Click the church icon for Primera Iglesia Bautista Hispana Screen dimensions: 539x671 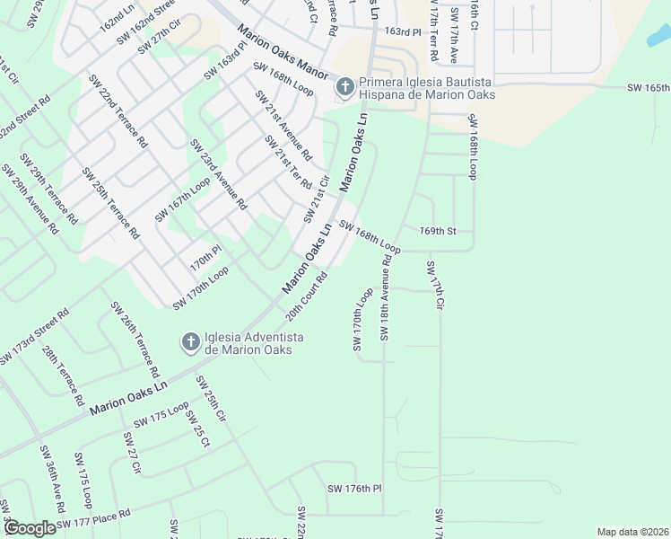pyautogui.click(x=344, y=87)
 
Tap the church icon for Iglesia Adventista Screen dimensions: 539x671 pyautogui.click(x=190, y=342)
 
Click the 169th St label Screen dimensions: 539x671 pyautogui.click(x=438, y=231)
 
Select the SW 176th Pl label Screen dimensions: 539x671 pyautogui.click(x=355, y=489)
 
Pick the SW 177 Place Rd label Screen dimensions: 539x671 pyautogui.click(x=93, y=518)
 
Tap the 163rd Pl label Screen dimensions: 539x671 pyautogui.click(x=403, y=31)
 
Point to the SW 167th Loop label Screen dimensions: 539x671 pyautogui.click(x=182, y=199)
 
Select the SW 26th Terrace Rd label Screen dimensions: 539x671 pyautogui.click(x=136, y=340)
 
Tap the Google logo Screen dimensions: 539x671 pyautogui.click(x=29, y=528)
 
